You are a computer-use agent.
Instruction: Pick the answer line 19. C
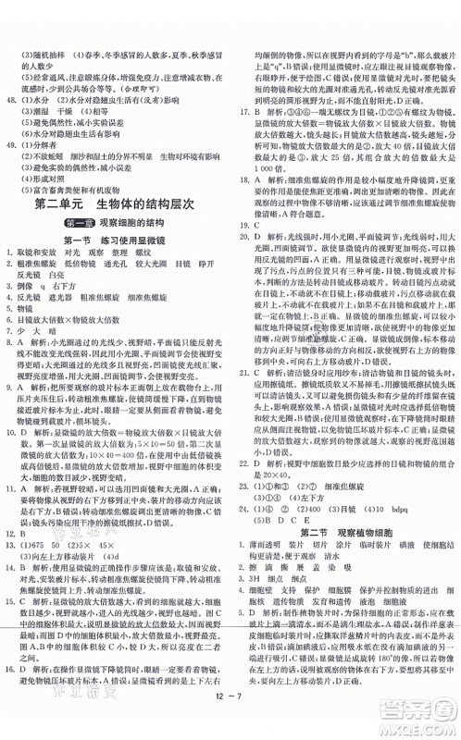(x=248, y=225)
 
